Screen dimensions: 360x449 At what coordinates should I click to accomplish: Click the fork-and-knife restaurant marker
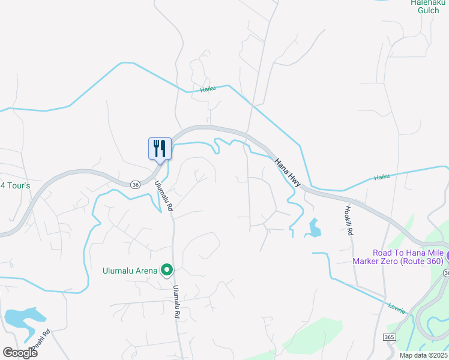point(160,148)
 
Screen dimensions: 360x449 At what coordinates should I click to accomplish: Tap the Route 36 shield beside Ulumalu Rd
point(136,185)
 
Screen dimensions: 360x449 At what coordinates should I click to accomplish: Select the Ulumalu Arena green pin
point(167,271)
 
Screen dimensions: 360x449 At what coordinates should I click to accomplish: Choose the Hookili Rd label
point(348,220)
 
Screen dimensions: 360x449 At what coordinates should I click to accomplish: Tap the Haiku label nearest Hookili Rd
point(382,177)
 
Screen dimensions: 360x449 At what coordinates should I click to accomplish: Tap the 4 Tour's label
point(15,185)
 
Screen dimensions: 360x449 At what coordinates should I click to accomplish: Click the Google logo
point(20,353)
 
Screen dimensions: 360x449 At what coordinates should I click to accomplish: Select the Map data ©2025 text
point(423,355)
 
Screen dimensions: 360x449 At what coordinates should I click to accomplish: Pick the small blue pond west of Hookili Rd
point(313,227)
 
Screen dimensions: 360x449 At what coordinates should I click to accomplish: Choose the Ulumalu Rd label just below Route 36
point(163,196)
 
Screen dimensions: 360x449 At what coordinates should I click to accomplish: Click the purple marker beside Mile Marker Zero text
point(446,256)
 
